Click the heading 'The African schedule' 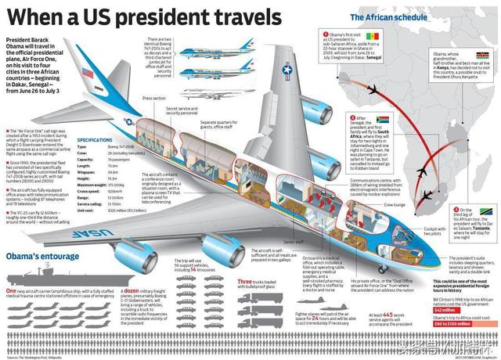pyautogui.click(x=379, y=16)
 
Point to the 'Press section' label pyautogui.click(x=154, y=99)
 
